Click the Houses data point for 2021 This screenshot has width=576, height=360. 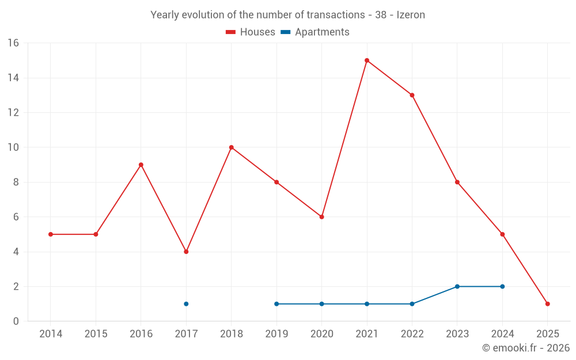367,60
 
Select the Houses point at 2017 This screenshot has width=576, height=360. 186,252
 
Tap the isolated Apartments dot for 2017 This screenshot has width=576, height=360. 186,304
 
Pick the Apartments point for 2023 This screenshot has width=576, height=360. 457,286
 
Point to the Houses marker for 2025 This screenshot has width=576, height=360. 548,304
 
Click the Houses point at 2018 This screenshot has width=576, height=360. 232,147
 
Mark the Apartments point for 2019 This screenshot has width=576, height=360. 276,304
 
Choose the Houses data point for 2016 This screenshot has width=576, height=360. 141,165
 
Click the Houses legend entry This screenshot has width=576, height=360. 251,32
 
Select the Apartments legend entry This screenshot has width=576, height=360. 315,32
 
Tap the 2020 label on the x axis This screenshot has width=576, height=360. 321,334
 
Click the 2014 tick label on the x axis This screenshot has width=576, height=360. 51,334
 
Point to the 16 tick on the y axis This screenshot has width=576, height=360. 13,43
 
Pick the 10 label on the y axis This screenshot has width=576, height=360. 13,147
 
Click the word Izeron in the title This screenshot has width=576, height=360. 411,15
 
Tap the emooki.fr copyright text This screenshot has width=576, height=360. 526,348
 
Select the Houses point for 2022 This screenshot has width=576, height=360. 412,95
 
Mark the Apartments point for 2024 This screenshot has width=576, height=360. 502,286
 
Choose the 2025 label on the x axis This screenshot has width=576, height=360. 548,334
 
